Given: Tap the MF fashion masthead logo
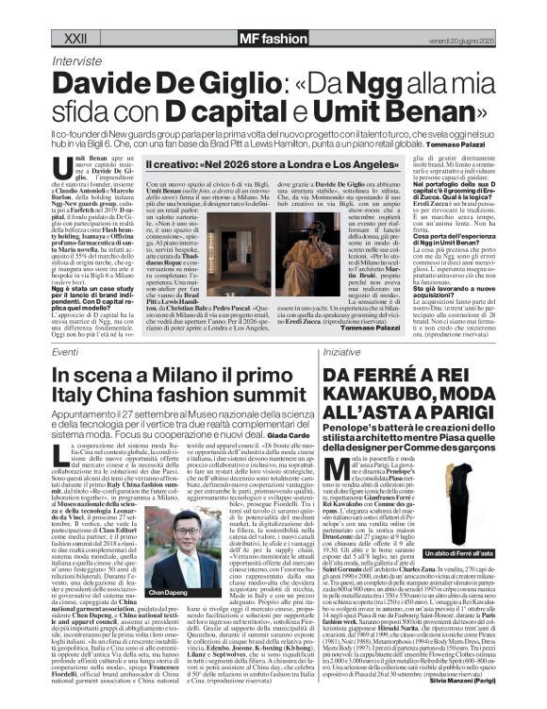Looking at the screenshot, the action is click(244, 12).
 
